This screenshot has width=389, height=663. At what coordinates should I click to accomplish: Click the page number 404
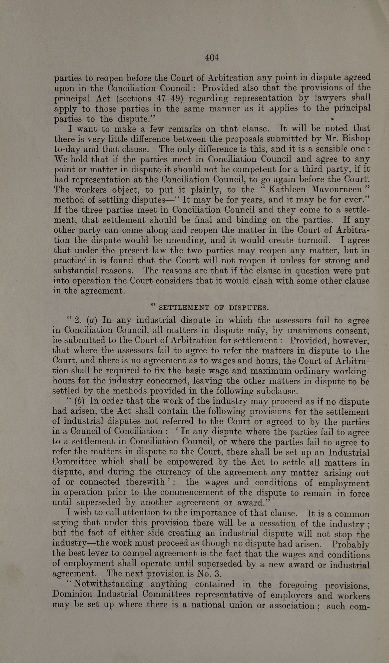coord(212,57)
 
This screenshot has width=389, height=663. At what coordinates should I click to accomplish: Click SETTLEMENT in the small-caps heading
coord(184,308)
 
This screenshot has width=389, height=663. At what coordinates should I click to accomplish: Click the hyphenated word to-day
coord(66,149)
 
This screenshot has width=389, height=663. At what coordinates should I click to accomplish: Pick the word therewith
coord(145,482)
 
